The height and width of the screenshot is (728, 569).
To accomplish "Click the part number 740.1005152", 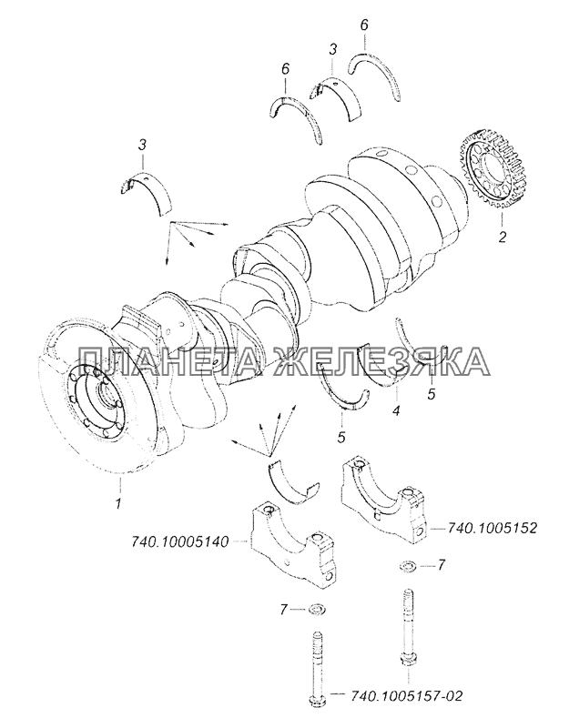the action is click(x=492, y=528).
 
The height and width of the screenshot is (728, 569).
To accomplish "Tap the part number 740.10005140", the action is click(x=178, y=541).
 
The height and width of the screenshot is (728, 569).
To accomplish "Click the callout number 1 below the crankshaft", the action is click(x=118, y=503).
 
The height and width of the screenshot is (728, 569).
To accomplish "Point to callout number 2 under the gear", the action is click(x=503, y=237).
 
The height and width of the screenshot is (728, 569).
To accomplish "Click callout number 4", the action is click(x=396, y=410).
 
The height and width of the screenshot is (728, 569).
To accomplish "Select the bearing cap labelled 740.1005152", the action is click(x=383, y=500).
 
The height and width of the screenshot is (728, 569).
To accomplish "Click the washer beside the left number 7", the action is click(x=316, y=608).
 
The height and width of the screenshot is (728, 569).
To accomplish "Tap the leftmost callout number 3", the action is click(x=143, y=146).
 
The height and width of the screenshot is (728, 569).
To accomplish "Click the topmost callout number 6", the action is click(x=364, y=25).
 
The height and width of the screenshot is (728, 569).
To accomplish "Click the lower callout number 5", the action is click(x=342, y=437).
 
